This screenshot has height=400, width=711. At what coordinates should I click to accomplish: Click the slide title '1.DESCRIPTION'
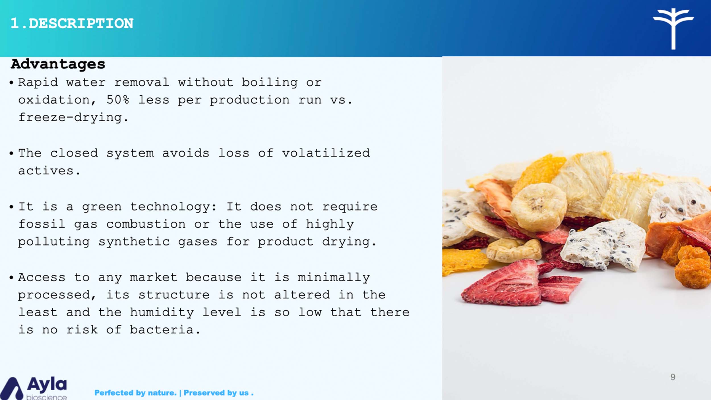pos(72,23)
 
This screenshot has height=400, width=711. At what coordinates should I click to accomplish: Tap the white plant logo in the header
pos(673,28)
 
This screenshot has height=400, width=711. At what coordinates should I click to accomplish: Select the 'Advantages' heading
pos(58,64)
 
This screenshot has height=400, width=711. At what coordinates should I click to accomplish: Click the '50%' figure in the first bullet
pos(118,100)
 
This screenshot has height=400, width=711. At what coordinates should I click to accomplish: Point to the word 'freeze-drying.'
pos(73,117)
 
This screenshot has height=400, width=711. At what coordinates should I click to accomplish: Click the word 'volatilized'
pos(326,153)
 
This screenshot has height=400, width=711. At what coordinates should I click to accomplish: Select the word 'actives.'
pos(49,171)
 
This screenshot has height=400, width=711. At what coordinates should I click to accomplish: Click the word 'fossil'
pos(42,224)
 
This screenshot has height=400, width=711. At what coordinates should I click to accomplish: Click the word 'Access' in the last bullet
pos(42,277)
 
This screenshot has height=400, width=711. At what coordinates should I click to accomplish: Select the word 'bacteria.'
pos(165,330)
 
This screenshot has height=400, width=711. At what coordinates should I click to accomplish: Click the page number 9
pos(673,377)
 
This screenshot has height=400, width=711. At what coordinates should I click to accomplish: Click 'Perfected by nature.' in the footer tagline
pos(135,393)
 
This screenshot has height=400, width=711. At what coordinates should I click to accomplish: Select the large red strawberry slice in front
pos(502,283)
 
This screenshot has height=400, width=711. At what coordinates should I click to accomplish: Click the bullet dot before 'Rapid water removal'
pos(11,83)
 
